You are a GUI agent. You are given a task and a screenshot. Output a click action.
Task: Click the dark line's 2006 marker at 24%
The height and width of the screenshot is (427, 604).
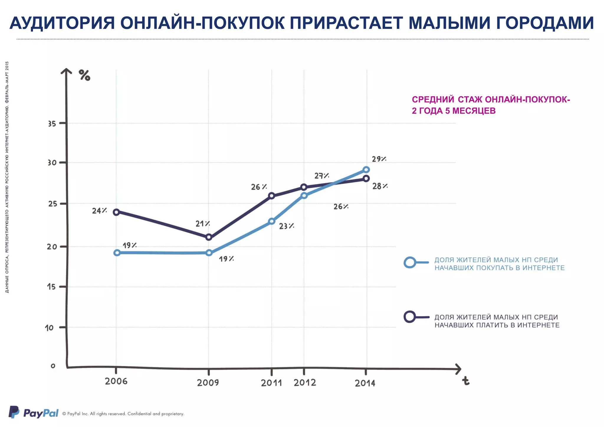(116, 212)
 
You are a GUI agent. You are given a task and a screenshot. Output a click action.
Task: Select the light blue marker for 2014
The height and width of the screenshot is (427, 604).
(366, 170)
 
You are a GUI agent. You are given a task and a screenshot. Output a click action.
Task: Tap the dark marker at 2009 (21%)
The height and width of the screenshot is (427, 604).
(209, 237)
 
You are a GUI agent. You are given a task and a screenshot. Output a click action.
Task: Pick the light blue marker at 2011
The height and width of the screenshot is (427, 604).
(272, 221)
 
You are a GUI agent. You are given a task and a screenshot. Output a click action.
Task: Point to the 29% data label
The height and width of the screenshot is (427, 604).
(379, 159)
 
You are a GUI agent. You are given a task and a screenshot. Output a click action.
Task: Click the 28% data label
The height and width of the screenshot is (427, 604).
(380, 186)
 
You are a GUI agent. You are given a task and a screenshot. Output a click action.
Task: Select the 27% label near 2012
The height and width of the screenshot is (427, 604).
(321, 176)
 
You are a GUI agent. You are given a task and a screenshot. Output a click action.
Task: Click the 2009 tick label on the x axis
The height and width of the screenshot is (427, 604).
(208, 383)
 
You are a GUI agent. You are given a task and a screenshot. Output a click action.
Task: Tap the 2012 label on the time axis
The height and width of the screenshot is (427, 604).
(305, 383)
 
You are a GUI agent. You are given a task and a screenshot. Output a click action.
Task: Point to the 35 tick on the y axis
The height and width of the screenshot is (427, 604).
(52, 124)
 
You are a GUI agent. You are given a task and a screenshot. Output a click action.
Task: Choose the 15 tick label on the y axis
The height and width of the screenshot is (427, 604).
(51, 287)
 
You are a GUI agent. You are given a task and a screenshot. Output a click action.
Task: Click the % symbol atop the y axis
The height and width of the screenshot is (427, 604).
(84, 75)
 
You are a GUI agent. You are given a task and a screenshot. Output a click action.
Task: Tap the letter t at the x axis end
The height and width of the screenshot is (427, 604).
(465, 381)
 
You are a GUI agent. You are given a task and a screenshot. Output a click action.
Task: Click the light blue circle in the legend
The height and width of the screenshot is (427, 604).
(410, 262)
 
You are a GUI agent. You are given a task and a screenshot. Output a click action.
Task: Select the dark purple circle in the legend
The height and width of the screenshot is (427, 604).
(410, 317)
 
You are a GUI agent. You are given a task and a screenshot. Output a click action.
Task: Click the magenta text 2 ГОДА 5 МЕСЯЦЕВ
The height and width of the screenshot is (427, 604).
(454, 111)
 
